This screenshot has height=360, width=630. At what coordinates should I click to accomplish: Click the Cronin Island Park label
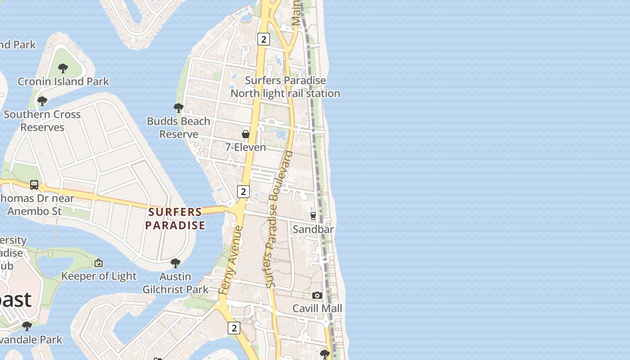coord(63,81)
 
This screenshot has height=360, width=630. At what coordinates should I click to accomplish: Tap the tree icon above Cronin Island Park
coord(63,68)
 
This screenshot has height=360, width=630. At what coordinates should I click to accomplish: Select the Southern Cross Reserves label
coord(42,121)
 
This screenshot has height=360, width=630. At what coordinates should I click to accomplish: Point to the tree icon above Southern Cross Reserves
coord(42,101)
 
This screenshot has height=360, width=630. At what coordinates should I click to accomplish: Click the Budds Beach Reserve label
coord(179,127)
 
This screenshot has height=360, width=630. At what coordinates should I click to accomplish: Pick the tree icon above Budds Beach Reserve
coord(179,108)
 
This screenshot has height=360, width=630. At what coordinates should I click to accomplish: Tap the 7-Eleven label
coord(246,147)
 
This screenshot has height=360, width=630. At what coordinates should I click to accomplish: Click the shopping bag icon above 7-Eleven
coord(246,134)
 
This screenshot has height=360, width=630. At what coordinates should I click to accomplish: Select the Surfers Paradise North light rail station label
coord(285,87)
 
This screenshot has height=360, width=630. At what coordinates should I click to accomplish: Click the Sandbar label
coord(313,229)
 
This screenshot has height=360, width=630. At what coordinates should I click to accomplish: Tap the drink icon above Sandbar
coord(313,216)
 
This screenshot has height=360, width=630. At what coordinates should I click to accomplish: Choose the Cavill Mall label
coord(317,309)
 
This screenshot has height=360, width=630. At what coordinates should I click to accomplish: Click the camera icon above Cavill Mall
coord(317,296)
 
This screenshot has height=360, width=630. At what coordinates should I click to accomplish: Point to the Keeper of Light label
coord(99,276)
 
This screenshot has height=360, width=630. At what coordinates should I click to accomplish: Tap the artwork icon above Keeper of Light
coord(99,263)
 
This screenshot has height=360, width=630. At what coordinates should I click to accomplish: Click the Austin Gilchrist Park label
coord(175,283)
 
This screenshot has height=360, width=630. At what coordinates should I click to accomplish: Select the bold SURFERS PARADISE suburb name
coord(175,218)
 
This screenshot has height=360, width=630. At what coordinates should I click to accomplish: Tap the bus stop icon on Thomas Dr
coord(34,184)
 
